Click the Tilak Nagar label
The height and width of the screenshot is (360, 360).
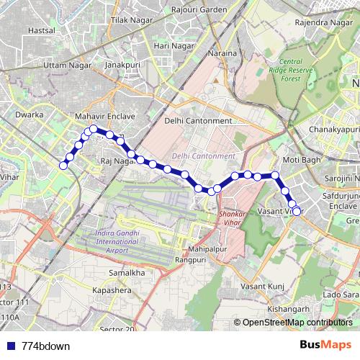(127, 22)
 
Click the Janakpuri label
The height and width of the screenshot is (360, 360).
(122, 65)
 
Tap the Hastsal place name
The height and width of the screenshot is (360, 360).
(41, 32)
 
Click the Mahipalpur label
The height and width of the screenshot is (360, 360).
(202, 249)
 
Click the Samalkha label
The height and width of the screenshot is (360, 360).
(127, 274)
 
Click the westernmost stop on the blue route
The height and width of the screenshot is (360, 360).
(63, 166)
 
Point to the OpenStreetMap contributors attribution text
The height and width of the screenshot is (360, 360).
(297, 323)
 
